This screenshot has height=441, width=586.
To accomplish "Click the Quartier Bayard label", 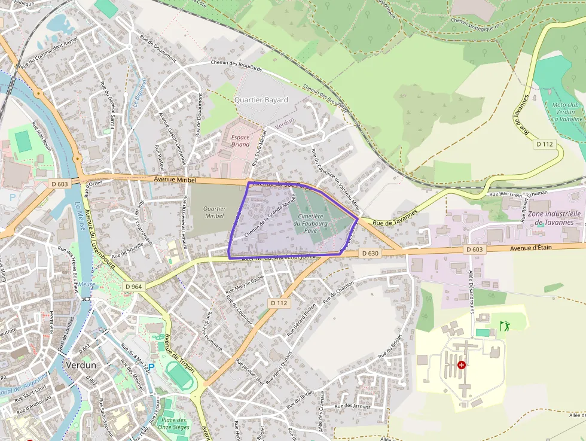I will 261,100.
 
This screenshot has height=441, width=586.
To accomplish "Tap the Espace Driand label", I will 240,140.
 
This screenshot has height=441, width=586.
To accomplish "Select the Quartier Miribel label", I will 213,212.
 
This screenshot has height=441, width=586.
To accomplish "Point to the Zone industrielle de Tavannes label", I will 554,218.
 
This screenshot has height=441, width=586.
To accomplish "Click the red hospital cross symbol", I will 461,364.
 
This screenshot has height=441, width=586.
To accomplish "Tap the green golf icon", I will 504,326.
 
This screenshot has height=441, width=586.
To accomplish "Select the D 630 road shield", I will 370,254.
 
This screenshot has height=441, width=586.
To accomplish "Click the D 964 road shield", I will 135,287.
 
